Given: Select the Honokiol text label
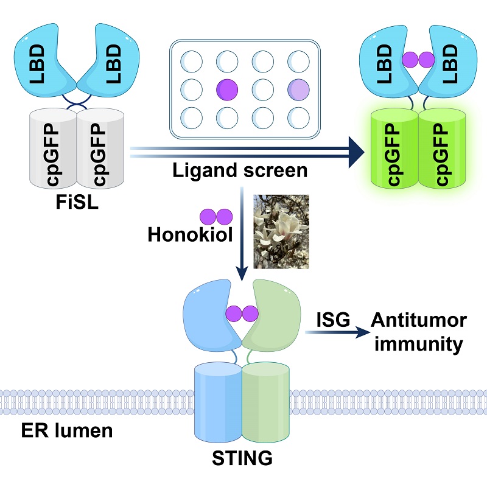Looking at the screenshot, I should pyautogui.click(x=189, y=234).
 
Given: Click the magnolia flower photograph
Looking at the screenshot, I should pyautogui.click(x=281, y=231).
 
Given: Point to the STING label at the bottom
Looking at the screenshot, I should pyautogui.click(x=242, y=457).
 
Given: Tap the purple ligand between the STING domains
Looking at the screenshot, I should pyautogui.click(x=242, y=314).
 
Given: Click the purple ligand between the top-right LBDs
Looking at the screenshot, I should pyautogui.click(x=418, y=60).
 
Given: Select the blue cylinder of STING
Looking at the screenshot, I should pyautogui.click(x=216, y=396).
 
